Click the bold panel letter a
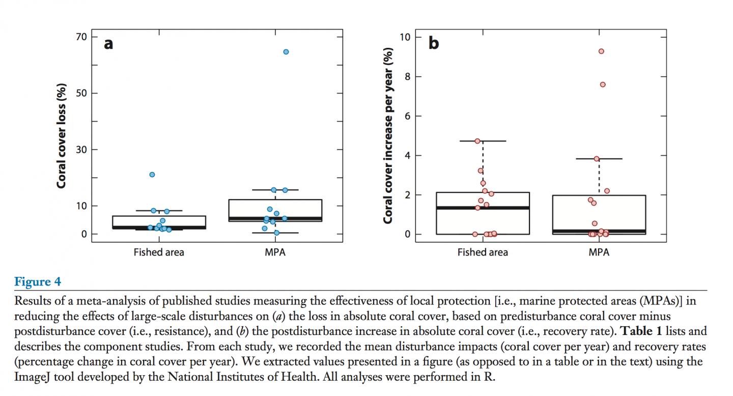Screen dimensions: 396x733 [x=108, y=44]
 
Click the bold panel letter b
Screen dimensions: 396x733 [x=433, y=44]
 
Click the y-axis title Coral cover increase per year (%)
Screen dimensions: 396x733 [x=388, y=135]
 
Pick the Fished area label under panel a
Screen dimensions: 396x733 [x=159, y=252]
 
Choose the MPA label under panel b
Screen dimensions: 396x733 [x=599, y=252]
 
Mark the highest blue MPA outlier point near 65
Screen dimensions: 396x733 [x=286, y=52]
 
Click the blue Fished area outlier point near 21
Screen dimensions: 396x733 [x=152, y=175]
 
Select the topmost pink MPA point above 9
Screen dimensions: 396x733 [x=601, y=51]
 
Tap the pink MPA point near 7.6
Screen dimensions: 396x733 [x=603, y=84]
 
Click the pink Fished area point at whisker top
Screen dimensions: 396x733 [x=477, y=141]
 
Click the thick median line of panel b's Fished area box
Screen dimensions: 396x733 [x=483, y=208]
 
